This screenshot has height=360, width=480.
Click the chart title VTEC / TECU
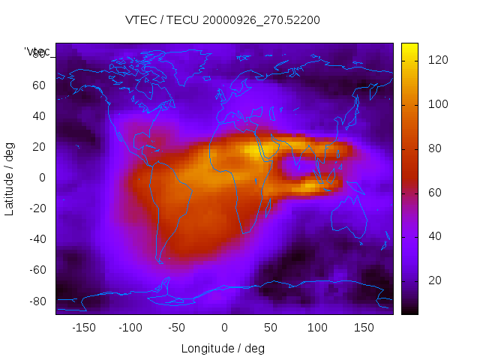click(x=223, y=20)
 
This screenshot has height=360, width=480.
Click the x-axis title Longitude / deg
click(x=223, y=348)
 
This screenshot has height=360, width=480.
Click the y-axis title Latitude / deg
click(x=10, y=177)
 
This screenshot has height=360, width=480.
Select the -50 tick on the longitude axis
click(x=177, y=328)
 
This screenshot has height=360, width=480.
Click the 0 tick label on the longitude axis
click(x=224, y=328)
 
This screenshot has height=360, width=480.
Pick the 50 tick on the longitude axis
click(x=271, y=328)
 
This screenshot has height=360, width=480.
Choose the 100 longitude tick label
click(x=317, y=328)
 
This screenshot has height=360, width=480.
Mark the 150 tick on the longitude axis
click(x=364, y=328)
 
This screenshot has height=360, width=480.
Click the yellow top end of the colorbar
click(x=409, y=48)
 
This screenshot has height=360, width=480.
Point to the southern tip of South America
click(x=160, y=262)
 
